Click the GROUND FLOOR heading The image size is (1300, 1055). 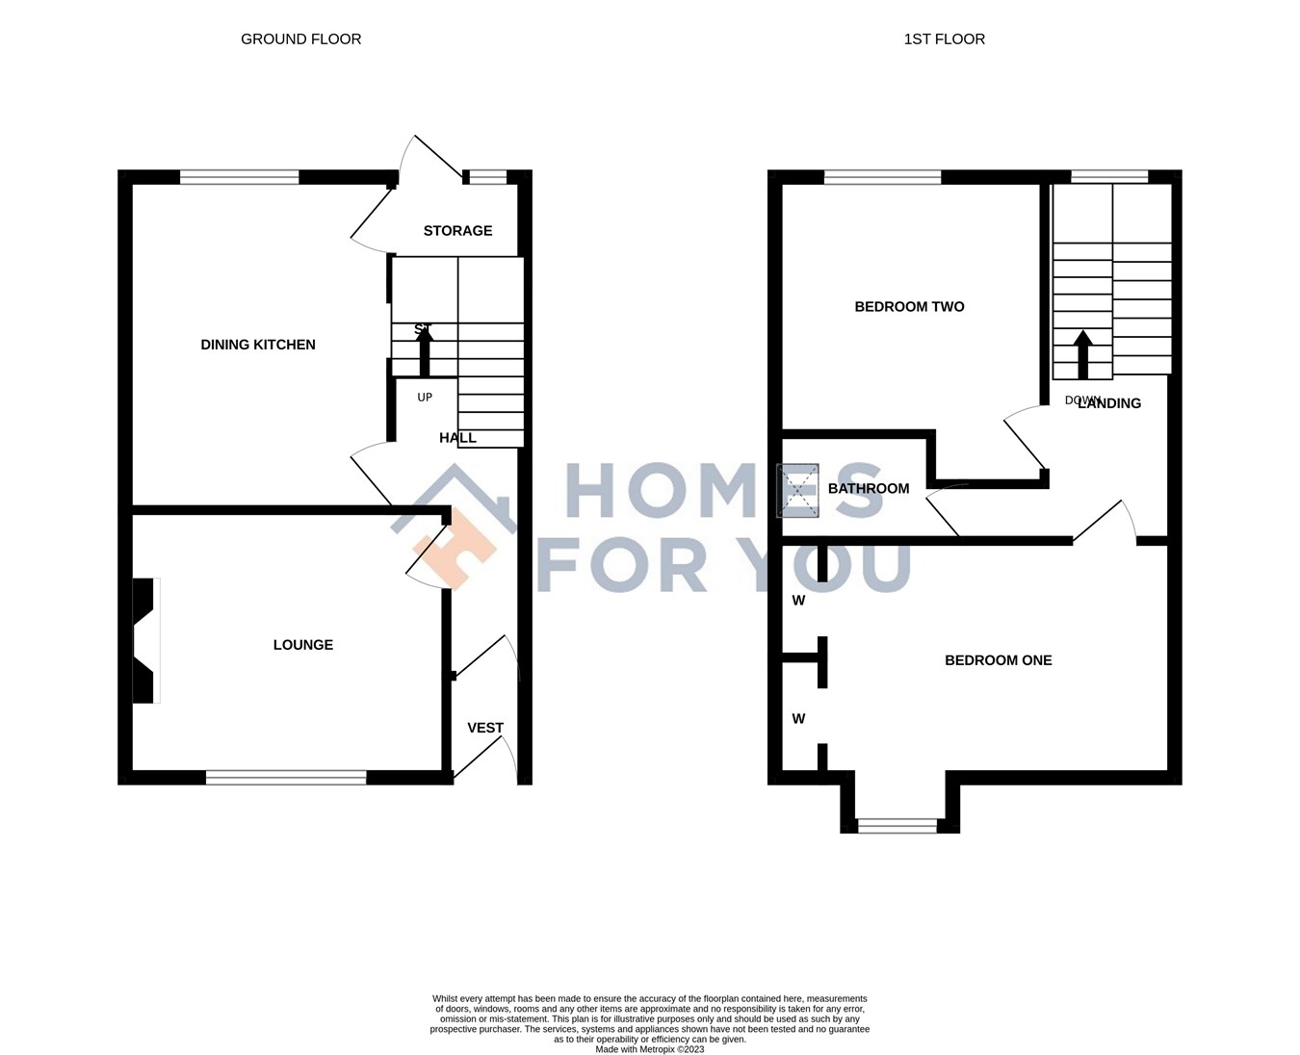click(x=300, y=39)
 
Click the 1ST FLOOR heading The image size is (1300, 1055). click(x=944, y=39)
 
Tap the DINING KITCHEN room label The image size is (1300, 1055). click(x=257, y=345)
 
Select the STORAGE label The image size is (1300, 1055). click(x=457, y=231)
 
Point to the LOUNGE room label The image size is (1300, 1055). click(x=302, y=645)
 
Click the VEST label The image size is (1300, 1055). click(x=485, y=728)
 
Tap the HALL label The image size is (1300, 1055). click(x=457, y=438)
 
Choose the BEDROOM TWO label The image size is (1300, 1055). click(x=909, y=307)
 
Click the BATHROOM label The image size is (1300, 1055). click(x=868, y=489)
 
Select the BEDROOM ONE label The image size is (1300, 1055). click(x=998, y=660)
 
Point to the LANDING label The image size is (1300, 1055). click(x=1109, y=404)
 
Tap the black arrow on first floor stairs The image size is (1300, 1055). click(x=1082, y=354)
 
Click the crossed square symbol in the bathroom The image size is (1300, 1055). click(x=798, y=490)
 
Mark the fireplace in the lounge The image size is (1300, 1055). click(x=143, y=640)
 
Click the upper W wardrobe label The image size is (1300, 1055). click(x=798, y=601)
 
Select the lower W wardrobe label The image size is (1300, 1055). click(x=798, y=719)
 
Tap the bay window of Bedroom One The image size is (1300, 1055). click(x=897, y=825)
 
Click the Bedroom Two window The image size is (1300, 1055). click(x=882, y=177)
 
